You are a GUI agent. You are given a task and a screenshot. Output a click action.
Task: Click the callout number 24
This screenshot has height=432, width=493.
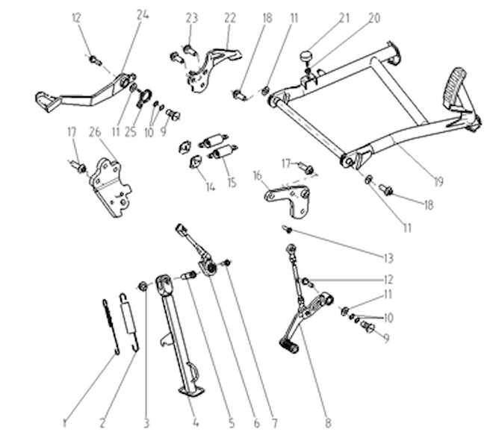pyautogui.click(x=143, y=15)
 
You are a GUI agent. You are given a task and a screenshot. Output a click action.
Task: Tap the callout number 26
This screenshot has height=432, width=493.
pyautogui.click(x=95, y=132)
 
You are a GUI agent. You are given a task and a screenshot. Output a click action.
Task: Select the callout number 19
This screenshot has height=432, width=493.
pyautogui.click(x=438, y=181)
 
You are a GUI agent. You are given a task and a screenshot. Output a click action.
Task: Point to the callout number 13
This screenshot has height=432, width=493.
pyautogui.click(x=388, y=258)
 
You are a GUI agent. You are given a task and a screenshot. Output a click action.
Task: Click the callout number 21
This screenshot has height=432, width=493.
pyautogui.click(x=344, y=18)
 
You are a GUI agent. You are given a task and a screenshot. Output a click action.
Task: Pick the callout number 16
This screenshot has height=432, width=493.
pyautogui.click(x=258, y=176)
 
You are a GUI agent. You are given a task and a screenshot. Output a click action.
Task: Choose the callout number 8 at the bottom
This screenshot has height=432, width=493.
pyautogui.click(x=328, y=423)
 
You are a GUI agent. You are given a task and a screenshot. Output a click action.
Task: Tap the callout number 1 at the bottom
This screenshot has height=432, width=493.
pyautogui.click(x=64, y=423)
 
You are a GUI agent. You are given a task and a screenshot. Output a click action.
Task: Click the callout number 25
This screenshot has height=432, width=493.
pyautogui.click(x=131, y=132)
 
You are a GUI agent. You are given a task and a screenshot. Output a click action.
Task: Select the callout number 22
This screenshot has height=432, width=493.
pyautogui.click(x=230, y=18)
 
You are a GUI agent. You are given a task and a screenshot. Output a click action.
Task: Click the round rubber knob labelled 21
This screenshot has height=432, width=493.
pyautogui.click(x=306, y=57)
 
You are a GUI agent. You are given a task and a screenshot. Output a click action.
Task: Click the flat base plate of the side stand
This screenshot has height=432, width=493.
pyautogui.click(x=191, y=392)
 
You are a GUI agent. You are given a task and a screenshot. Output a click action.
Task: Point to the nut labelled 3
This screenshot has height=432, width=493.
pyautogui.click(x=143, y=287)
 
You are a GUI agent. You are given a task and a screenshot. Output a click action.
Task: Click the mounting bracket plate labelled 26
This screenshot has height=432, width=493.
pyautogui.click(x=111, y=187)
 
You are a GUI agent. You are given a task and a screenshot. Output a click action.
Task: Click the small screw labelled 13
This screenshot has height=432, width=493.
pyautogui.click(x=288, y=229)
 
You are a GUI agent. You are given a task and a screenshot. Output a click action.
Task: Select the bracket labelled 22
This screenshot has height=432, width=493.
pyautogui.click(x=211, y=69)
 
